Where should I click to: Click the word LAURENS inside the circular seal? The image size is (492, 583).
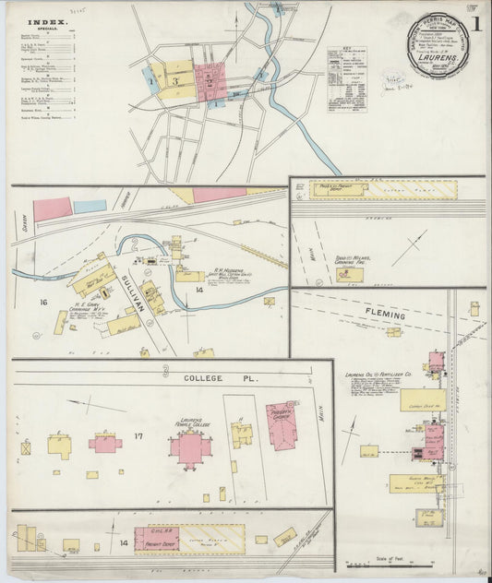[437, 55]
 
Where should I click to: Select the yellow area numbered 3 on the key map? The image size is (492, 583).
[175, 81]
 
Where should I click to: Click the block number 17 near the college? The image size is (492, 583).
[138, 434]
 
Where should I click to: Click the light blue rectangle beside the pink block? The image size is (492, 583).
[90, 207]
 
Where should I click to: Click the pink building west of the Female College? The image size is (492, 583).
[104, 444]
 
